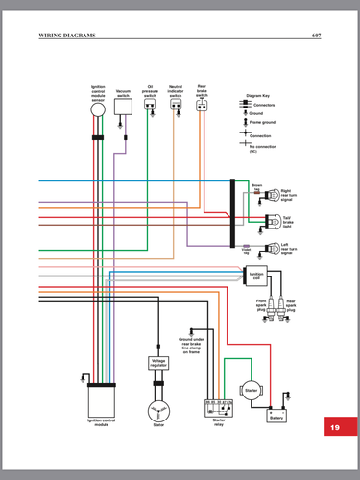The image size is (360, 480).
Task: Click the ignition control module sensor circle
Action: [98, 109]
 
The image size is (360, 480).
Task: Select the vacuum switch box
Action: [123, 108]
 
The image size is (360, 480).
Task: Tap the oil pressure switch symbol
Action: [150, 107]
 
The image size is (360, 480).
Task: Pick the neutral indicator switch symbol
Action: [176, 106]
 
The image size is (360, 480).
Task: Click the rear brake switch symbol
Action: [202, 106]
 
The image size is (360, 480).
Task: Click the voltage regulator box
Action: [158, 363]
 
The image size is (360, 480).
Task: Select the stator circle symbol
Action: [158, 410]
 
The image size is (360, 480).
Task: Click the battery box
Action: [276, 417]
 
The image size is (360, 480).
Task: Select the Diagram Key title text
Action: [258, 96]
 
